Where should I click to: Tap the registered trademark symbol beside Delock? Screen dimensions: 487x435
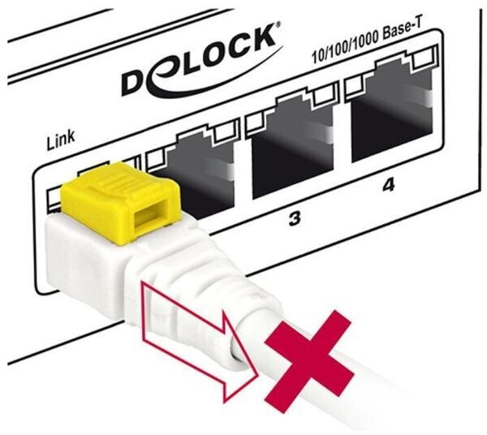pos(278,24)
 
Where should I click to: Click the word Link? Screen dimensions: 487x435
pos(61,140)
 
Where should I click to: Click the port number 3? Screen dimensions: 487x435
pos(294,218)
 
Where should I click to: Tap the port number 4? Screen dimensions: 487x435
pos(388,185)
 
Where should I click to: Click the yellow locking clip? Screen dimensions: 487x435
pos(120,202)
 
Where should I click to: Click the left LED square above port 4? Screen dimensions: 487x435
pos(355,85)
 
